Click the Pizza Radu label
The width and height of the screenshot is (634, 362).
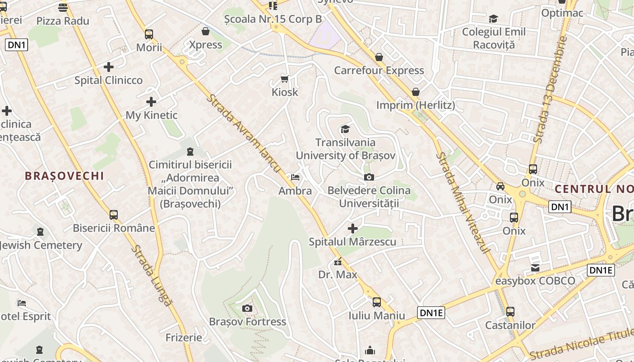(62, 21)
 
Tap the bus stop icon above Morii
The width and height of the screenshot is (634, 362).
(149, 34)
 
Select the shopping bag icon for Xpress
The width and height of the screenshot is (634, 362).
(206, 31)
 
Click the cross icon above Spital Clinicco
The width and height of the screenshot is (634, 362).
(109, 67)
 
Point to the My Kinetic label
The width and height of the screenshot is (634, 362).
(151, 115)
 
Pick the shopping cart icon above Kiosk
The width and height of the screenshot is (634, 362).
(285, 79)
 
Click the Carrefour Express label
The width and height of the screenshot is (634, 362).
(379, 71)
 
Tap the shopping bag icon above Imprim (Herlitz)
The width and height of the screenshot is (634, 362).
(416, 92)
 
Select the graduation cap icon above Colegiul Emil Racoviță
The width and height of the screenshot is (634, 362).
(493, 19)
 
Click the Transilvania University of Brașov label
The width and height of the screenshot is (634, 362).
(346, 149)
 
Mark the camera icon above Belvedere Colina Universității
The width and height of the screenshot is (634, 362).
(369, 177)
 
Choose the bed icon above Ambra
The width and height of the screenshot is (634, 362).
(295, 177)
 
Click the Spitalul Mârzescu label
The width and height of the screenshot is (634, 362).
(352, 242)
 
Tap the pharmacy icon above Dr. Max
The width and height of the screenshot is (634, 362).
(337, 262)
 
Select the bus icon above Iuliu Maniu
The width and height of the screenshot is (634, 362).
(376, 302)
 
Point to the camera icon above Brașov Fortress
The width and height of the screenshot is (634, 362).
(247, 309)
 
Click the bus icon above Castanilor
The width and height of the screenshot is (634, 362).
(510, 312)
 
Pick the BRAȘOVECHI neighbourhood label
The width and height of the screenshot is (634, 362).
(64, 176)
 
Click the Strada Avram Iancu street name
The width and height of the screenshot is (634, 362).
(245, 133)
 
